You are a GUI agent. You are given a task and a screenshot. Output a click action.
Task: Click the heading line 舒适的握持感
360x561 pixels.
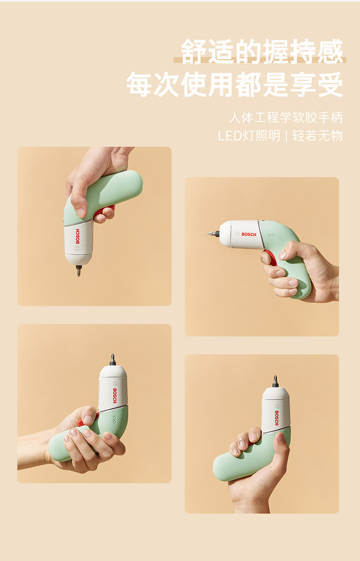(262, 51)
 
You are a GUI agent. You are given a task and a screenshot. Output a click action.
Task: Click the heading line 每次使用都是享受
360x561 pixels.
(235, 84)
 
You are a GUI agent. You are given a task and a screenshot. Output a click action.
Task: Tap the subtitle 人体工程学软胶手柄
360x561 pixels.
(286, 118)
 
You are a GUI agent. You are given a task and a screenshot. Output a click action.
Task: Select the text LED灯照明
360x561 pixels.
(249, 136)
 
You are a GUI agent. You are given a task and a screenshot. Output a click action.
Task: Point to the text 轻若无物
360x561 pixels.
(318, 136)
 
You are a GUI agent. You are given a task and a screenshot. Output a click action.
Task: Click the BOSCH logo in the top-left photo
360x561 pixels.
(77, 236)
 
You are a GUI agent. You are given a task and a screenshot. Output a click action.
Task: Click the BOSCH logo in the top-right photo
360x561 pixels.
(249, 234)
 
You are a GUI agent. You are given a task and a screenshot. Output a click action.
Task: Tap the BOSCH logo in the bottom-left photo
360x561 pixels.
(115, 396)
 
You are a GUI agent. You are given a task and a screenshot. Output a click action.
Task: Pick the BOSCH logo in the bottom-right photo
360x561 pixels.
(277, 418)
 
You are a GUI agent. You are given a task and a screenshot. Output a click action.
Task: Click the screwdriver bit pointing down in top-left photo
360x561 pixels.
(79, 271)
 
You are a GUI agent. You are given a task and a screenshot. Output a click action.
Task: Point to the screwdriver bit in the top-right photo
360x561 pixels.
(213, 234)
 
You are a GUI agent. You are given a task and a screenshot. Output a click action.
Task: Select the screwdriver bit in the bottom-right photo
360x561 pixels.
(275, 381)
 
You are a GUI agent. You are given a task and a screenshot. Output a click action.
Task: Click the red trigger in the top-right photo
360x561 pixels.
(272, 257)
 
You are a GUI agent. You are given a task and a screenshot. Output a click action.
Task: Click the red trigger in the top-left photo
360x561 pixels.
(103, 211)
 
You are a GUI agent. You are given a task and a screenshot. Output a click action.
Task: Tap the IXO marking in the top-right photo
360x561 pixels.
(272, 235)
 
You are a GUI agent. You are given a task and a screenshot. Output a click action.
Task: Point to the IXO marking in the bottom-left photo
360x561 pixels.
(114, 420)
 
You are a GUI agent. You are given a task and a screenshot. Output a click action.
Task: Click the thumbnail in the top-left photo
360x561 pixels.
(81, 213)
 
